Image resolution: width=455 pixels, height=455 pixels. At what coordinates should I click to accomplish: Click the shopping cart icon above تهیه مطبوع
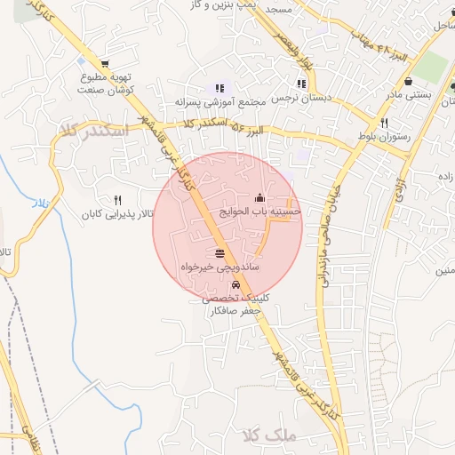(105, 65)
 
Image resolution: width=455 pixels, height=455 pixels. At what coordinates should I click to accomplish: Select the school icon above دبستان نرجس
(302, 84)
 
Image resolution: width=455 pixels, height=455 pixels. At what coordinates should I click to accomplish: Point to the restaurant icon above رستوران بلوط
(384, 124)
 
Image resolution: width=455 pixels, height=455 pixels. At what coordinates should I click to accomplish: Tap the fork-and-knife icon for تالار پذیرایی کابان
(117, 200)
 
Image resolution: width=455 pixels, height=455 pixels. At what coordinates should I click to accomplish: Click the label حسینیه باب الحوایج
(265, 212)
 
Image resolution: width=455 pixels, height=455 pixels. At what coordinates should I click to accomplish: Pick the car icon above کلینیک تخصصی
(235, 285)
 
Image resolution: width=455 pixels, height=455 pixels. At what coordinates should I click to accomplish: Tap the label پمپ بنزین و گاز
(219, 6)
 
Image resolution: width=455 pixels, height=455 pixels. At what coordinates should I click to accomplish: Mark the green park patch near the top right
(433, 67)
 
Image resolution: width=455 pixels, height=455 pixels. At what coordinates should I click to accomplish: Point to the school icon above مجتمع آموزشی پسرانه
(220, 88)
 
